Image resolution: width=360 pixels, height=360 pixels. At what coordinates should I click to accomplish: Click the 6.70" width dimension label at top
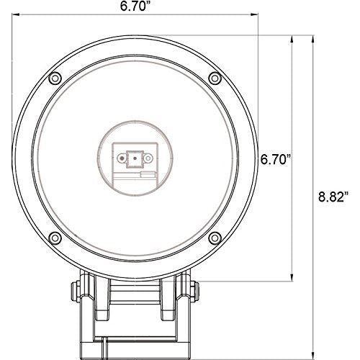coord(137,6)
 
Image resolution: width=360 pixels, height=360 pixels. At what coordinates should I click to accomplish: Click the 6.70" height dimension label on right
coord(276,159)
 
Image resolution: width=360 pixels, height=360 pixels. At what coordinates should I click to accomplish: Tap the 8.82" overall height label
coord(333,197)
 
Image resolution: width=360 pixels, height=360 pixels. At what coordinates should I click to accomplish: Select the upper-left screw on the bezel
coord(55,78)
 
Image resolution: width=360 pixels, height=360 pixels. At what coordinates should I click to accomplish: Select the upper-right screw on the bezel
coord(215,78)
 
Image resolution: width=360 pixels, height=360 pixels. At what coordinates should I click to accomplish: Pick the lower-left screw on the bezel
coord(55,238)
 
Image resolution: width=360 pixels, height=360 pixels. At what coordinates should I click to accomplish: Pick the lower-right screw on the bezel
coord(215,238)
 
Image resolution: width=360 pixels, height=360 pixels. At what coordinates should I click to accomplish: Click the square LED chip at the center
coord(135,158)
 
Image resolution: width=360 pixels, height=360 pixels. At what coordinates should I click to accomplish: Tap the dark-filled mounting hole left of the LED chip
coord(122,158)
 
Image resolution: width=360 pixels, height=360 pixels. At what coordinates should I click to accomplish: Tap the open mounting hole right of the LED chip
coord(148,158)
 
